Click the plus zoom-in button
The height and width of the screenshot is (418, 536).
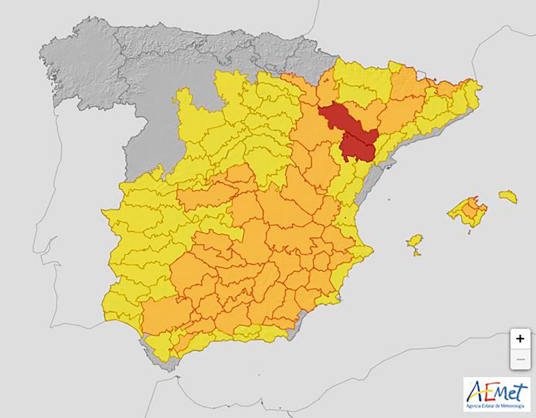point(520,339)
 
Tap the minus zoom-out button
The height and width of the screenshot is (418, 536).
point(520,359)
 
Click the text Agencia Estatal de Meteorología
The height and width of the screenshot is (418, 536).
point(496,405)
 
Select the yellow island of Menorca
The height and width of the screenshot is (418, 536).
point(508,196)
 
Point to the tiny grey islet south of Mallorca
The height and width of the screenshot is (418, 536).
point(469,233)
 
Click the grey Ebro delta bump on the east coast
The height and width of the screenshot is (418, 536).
point(389,164)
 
